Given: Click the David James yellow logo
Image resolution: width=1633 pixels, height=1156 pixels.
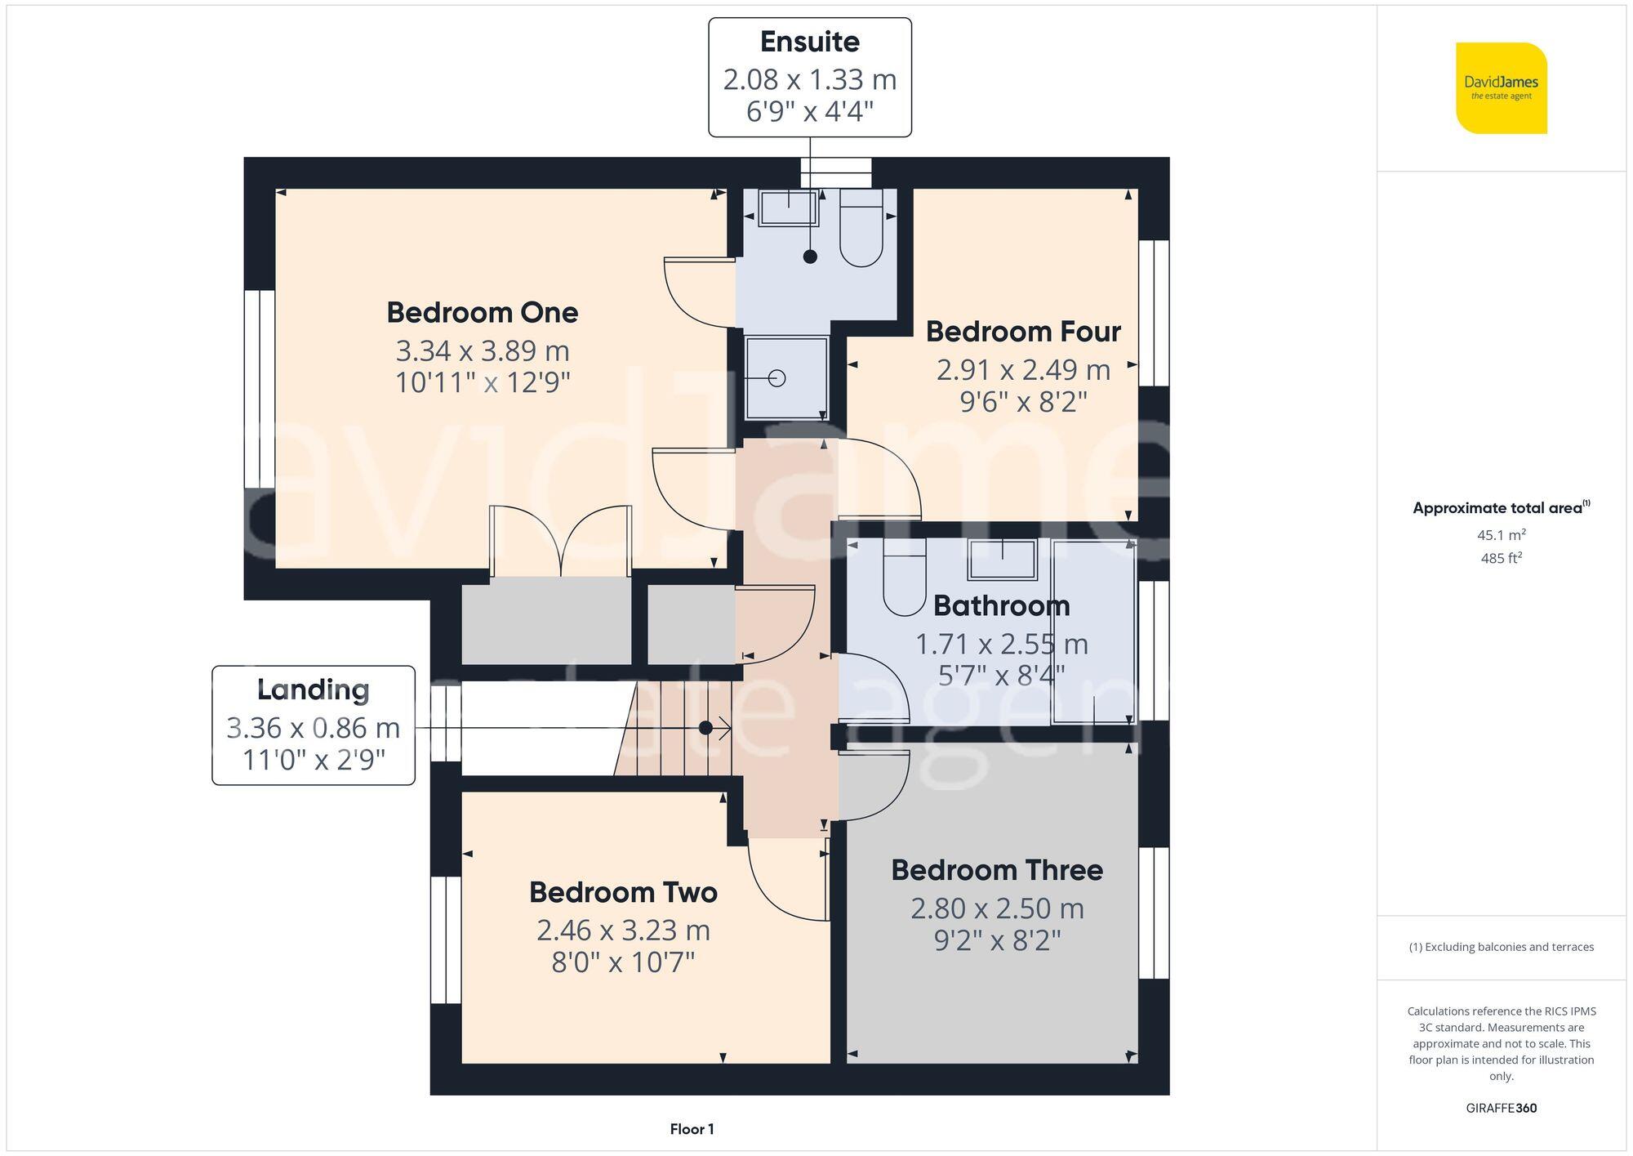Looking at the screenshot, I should tap(1501, 88).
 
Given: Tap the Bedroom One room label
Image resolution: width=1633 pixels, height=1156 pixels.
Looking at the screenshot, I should tap(482, 313).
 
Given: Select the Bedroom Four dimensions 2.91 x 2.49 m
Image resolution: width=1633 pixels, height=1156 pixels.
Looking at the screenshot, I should tap(1022, 370).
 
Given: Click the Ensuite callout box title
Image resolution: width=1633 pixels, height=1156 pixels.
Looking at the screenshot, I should tap(809, 42).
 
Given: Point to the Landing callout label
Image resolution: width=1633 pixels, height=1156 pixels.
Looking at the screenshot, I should tap(314, 690).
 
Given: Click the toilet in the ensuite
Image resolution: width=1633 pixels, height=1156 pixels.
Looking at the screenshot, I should tap(861, 229).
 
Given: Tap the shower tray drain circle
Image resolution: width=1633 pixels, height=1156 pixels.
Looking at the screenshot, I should tap(777, 378).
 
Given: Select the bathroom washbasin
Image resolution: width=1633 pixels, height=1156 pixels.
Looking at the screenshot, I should tap(1002, 560).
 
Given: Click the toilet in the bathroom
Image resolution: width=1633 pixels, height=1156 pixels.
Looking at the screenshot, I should tap(904, 577).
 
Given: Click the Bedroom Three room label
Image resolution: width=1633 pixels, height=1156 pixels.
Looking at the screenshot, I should tap(996, 871).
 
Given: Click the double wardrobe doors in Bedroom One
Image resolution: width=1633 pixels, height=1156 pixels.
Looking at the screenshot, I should tap(560, 541).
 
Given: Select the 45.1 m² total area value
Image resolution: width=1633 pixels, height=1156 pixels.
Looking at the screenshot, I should tap(1501, 535).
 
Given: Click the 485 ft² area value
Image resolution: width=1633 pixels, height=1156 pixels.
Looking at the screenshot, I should tap(1501, 559).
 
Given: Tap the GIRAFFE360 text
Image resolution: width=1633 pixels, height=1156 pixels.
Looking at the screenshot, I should tap(1501, 1109).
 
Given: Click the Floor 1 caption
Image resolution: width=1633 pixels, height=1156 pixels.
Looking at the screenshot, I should tap(692, 1130).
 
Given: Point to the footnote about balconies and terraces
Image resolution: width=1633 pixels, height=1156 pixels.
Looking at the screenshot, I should tap(1501, 948).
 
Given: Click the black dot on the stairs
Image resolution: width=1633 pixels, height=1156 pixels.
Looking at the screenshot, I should tap(705, 728).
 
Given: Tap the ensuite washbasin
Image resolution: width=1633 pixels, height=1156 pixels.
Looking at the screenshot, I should tap(788, 208).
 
